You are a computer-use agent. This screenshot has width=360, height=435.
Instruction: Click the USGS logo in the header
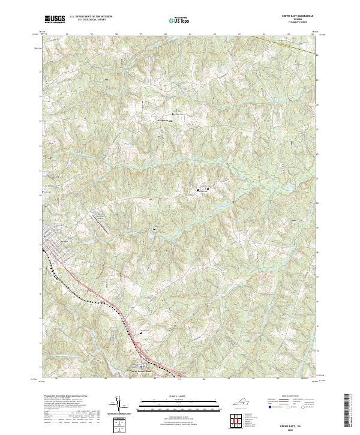[55, 19]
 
